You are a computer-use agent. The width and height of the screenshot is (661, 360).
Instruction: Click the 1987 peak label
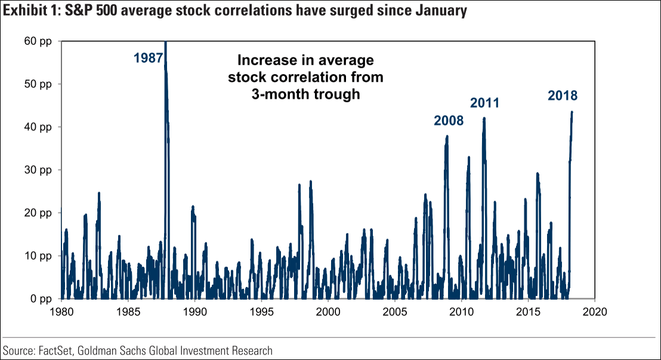pyautogui.click(x=149, y=58)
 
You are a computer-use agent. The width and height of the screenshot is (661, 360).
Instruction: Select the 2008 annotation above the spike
pyautogui.click(x=449, y=121)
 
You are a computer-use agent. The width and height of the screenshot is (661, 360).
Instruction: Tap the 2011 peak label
pyautogui.click(x=484, y=103)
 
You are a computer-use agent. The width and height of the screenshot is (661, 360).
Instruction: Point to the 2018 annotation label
pyautogui.click(x=563, y=96)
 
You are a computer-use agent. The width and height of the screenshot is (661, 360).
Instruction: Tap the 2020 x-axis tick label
pyautogui.click(x=594, y=311)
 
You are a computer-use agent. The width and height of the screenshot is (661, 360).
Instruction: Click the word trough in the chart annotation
pyautogui.click(x=339, y=94)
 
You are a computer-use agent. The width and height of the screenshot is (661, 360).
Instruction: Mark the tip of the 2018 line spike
pyautogui.click(x=572, y=112)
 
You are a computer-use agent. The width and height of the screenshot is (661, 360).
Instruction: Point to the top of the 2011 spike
pyautogui.click(x=484, y=118)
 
